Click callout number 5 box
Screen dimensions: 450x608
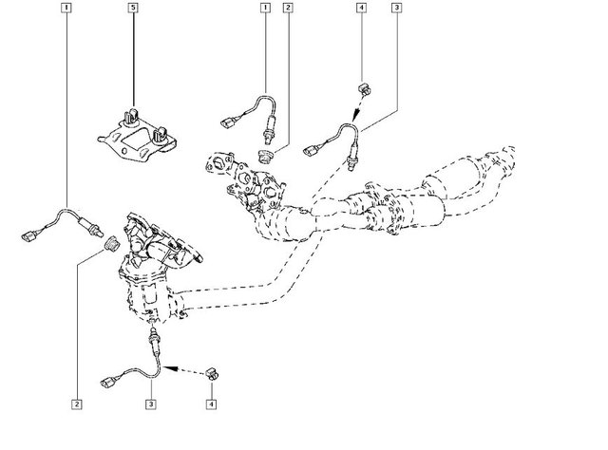pos(133,9)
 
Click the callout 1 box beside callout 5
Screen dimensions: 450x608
pos(65,9)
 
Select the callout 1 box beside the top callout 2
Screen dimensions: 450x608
pos(265,9)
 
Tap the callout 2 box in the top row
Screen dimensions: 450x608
pos(286,9)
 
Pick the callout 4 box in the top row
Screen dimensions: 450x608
pos(362,9)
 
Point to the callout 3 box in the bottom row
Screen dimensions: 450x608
pos(149,403)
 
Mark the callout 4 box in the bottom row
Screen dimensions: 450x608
pos(210,403)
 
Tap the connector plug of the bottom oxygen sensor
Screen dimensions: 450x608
pos(106,382)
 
